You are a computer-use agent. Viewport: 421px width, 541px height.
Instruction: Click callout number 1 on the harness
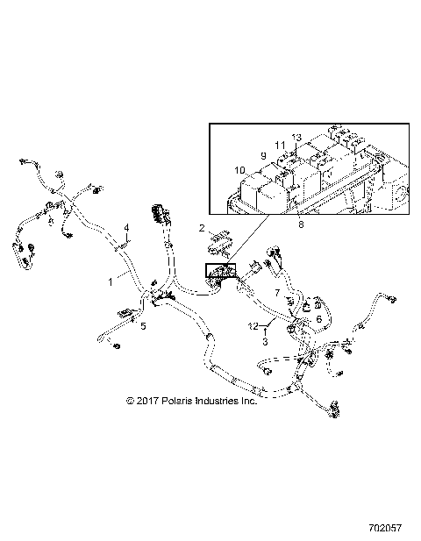[111, 282]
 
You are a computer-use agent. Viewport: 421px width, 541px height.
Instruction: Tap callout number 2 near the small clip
[202, 228]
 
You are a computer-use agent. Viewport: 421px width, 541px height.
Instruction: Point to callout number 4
[126, 227]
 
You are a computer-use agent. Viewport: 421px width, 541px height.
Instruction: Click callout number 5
[144, 325]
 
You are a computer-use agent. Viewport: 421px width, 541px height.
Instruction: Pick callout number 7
[278, 292]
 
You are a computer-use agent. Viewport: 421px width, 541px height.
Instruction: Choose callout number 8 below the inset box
[302, 224]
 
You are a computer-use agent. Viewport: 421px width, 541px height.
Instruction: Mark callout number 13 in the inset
[296, 138]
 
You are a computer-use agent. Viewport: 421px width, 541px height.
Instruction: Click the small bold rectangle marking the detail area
[219, 270]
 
